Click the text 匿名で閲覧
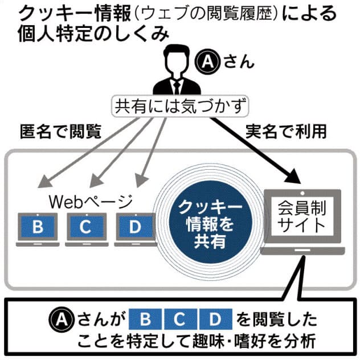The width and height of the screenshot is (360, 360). point(59,132)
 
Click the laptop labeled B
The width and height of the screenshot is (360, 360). point(38,228)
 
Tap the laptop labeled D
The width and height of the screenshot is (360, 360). point(135,228)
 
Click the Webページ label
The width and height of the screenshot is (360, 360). point(91,201)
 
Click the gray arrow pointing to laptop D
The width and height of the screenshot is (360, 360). point(151,154)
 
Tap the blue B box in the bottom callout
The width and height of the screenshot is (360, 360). point(145,318)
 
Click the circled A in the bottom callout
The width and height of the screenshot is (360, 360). point(59,318)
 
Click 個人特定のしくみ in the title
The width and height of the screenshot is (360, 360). point(85,33)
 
